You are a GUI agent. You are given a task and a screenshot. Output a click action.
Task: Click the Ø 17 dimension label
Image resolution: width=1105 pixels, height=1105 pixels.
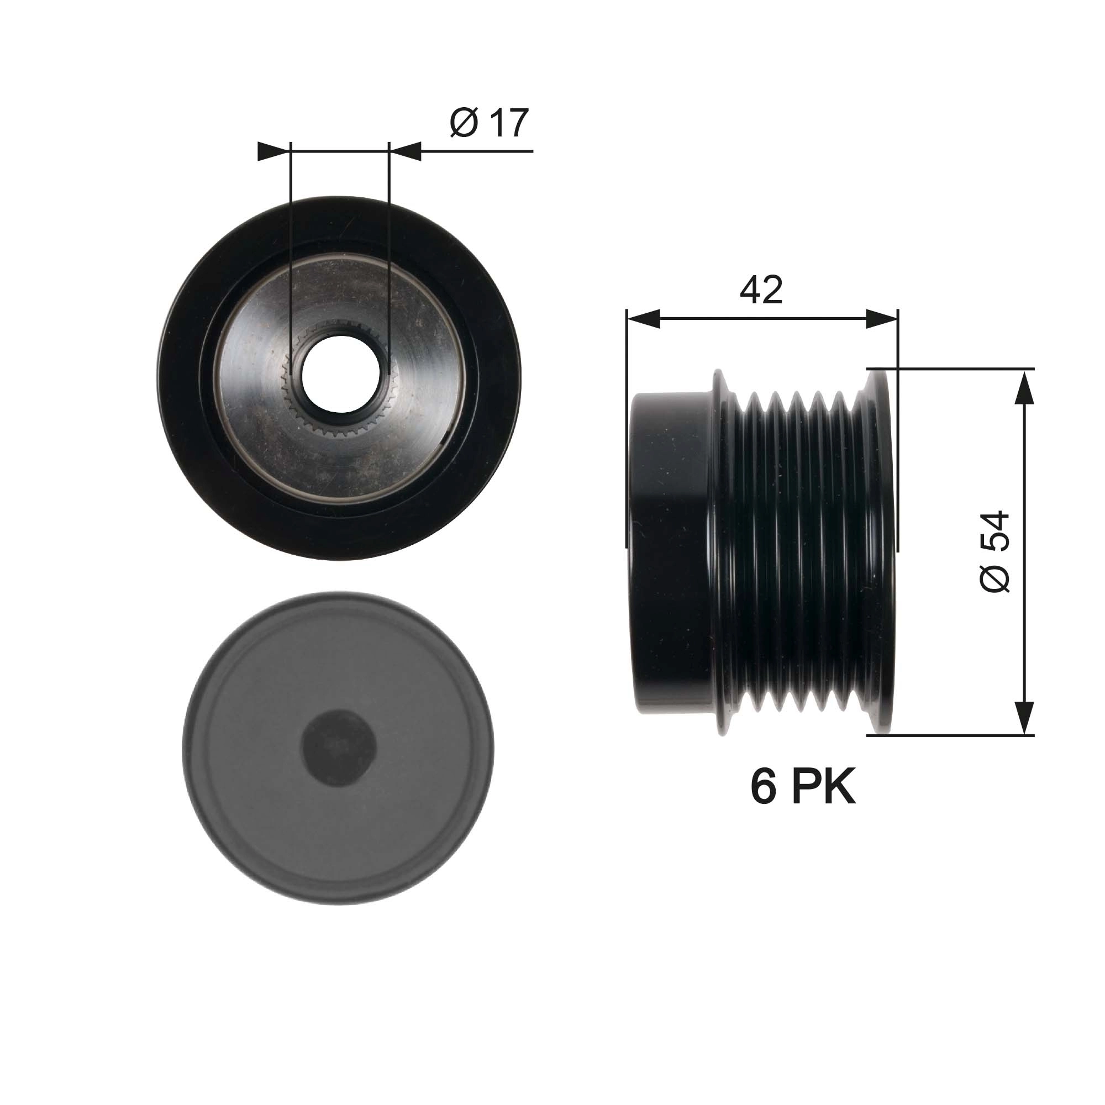[489, 123]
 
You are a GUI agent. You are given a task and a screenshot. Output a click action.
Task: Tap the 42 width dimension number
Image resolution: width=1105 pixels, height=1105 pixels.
[761, 290]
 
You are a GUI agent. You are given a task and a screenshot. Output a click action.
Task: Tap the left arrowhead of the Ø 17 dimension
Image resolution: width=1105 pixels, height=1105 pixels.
[272, 151]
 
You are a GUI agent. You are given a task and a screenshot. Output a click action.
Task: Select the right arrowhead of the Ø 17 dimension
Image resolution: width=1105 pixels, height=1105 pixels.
[407, 151]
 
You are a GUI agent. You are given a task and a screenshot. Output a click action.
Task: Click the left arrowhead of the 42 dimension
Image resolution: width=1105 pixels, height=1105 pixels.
[644, 319]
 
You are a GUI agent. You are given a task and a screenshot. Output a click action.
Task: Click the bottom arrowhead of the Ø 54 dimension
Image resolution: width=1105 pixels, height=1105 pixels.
[1025, 717]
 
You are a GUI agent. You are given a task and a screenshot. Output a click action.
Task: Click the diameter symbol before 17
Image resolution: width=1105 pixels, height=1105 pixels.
[464, 123]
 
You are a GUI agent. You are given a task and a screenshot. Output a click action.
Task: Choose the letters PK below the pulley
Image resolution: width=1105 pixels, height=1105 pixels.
[824, 787]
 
